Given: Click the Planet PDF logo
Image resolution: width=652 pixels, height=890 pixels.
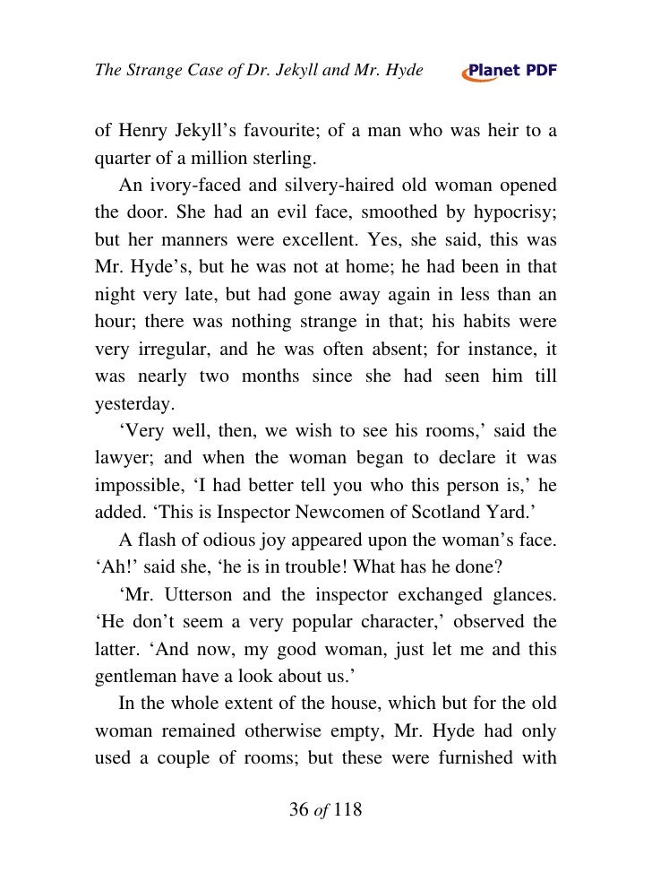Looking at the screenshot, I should tap(509, 73).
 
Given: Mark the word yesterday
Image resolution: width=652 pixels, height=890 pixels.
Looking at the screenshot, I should tap(132, 404).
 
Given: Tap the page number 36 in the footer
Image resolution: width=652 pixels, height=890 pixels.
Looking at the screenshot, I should tap(300, 810).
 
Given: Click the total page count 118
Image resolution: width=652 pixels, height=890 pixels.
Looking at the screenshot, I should tap(344, 810).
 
